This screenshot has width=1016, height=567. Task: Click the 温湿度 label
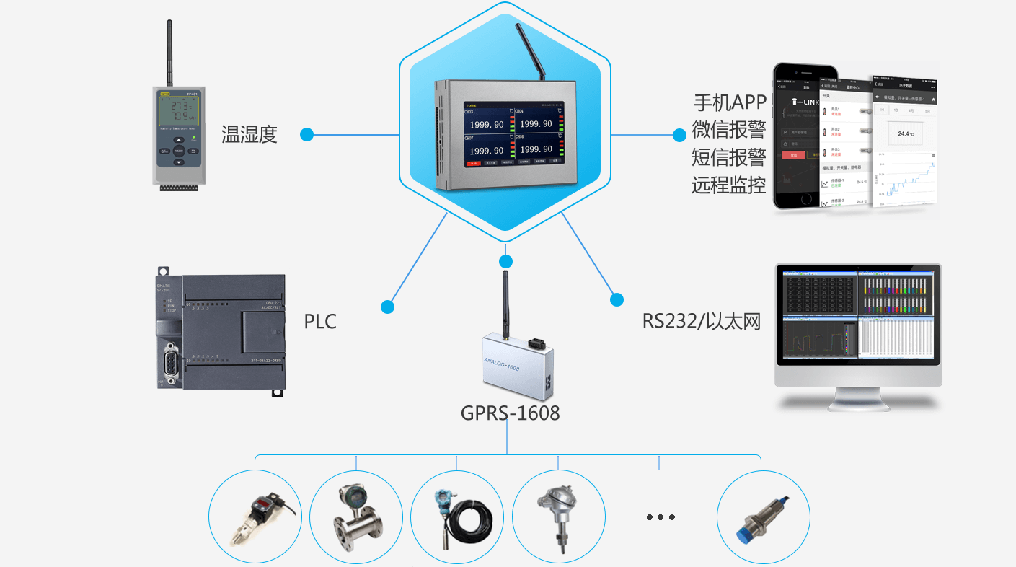[x=249, y=134]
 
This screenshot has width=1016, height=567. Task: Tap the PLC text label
[x=320, y=321]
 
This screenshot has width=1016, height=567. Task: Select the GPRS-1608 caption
[x=510, y=413]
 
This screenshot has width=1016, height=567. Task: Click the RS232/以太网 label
[x=701, y=321]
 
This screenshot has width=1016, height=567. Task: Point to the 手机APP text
[x=729, y=102]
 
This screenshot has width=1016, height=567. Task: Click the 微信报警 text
[x=728, y=130]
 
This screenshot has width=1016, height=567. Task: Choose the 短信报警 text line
[x=728, y=157]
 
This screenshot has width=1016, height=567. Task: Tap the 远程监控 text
[x=728, y=185]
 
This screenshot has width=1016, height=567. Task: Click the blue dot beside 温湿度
[x=307, y=134]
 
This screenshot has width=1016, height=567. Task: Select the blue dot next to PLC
[x=388, y=307]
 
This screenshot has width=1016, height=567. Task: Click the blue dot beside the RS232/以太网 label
[x=617, y=299]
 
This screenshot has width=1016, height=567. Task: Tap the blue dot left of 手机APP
[x=679, y=135]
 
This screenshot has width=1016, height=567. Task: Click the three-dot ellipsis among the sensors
[x=660, y=517]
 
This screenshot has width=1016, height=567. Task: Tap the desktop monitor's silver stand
[x=857, y=398]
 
